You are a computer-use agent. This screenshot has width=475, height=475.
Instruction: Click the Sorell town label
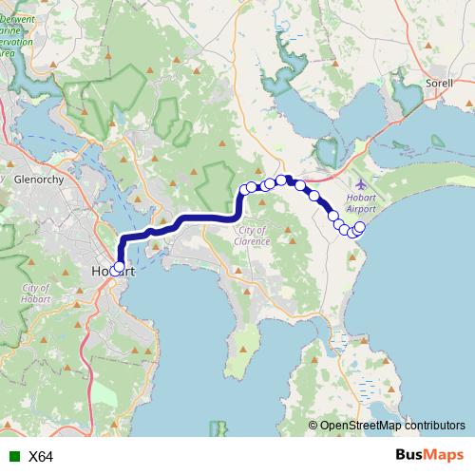(x=439, y=84)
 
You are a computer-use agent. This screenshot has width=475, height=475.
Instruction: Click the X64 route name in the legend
(x=41, y=456)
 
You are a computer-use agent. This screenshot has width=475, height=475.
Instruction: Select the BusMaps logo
(x=428, y=455)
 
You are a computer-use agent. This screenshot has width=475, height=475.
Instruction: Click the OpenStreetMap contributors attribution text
(x=392, y=426)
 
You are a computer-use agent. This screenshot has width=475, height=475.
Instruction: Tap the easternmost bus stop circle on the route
(x=360, y=227)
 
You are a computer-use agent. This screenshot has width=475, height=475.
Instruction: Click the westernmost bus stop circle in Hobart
(x=115, y=270)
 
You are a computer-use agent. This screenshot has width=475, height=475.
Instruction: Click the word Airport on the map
(x=361, y=208)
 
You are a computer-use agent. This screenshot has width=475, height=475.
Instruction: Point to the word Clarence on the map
(x=256, y=241)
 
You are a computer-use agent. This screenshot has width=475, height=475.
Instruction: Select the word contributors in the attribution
(x=432, y=426)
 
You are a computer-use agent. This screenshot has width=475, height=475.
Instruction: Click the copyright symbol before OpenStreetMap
(x=313, y=426)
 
